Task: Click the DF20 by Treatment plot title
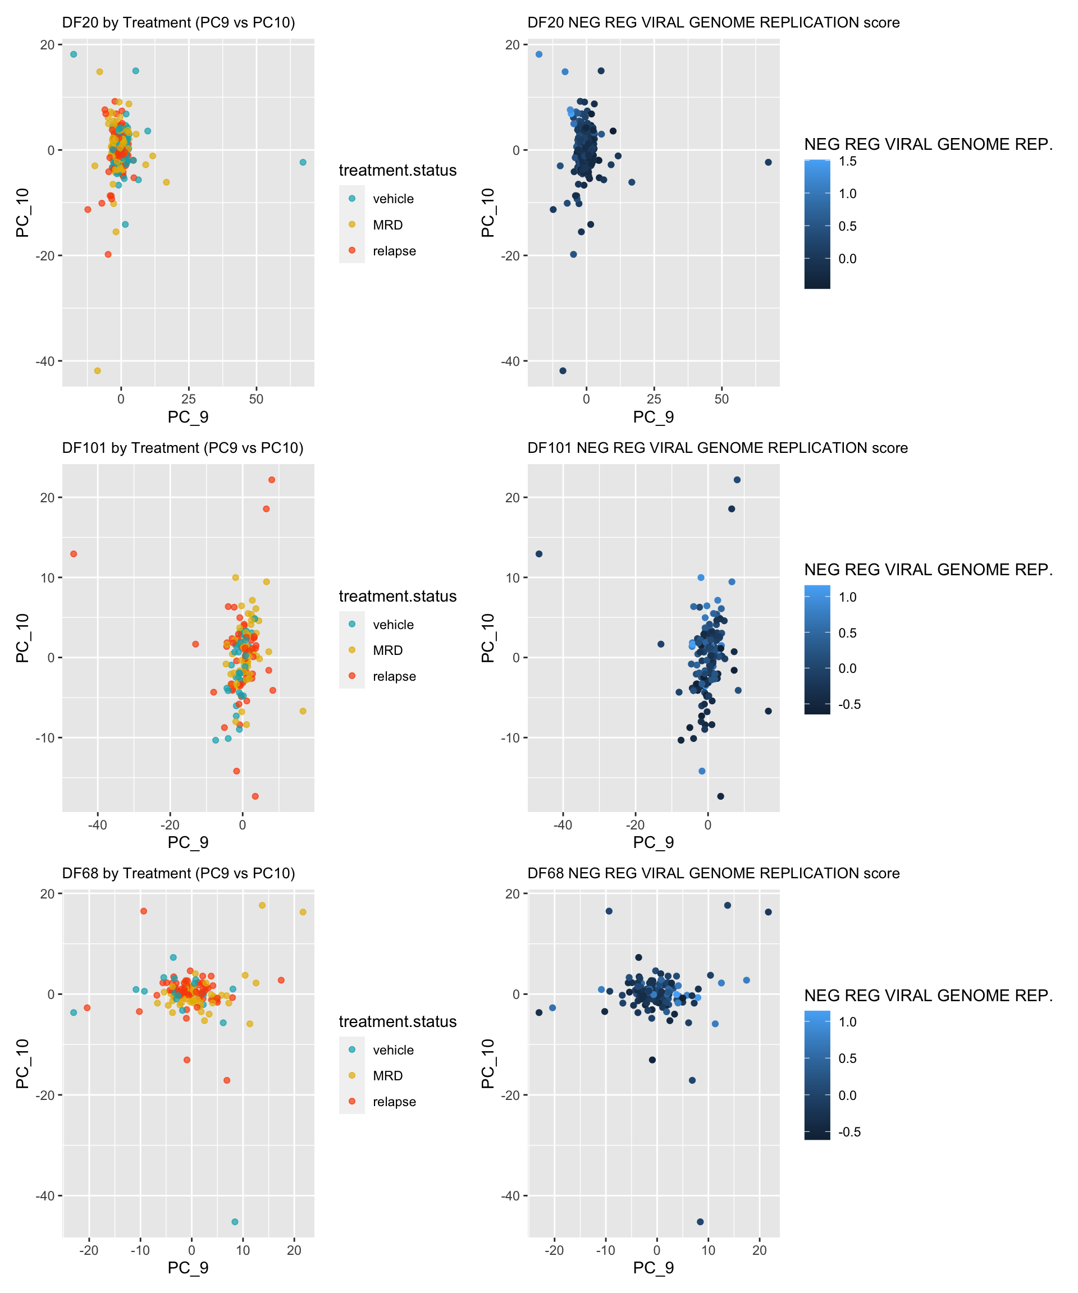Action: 179,23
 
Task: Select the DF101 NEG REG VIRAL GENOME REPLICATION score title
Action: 717,448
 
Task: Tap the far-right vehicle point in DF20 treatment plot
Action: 303,163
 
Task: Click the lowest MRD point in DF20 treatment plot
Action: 97,370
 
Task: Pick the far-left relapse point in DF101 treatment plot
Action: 74,554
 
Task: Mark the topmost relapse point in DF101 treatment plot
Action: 272,480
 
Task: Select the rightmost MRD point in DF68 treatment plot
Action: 303,913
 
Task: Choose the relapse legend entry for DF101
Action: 394,677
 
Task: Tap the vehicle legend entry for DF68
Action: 392,1050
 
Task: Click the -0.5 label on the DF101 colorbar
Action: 849,704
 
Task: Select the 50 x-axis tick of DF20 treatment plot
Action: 256,399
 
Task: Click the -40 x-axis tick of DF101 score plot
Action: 563,824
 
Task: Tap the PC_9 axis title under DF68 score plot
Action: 653,1268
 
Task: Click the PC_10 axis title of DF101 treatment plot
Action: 23,638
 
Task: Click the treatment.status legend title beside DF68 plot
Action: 398,1021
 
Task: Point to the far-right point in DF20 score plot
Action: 768,163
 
